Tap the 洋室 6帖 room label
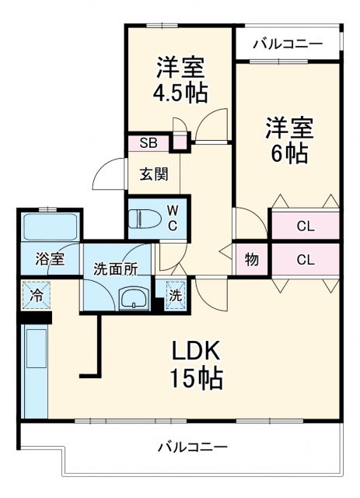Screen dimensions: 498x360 click(289, 138)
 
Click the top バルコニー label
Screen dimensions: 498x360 click(288, 44)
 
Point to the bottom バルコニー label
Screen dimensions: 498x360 click(192, 447)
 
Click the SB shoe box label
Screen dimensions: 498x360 click(148, 143)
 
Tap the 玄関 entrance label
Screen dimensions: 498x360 click(153, 174)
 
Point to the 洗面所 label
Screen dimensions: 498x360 click(115, 269)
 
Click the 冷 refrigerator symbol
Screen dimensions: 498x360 click(36, 295)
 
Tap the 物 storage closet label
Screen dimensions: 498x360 click(251, 260)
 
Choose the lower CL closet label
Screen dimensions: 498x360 click(305, 260)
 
